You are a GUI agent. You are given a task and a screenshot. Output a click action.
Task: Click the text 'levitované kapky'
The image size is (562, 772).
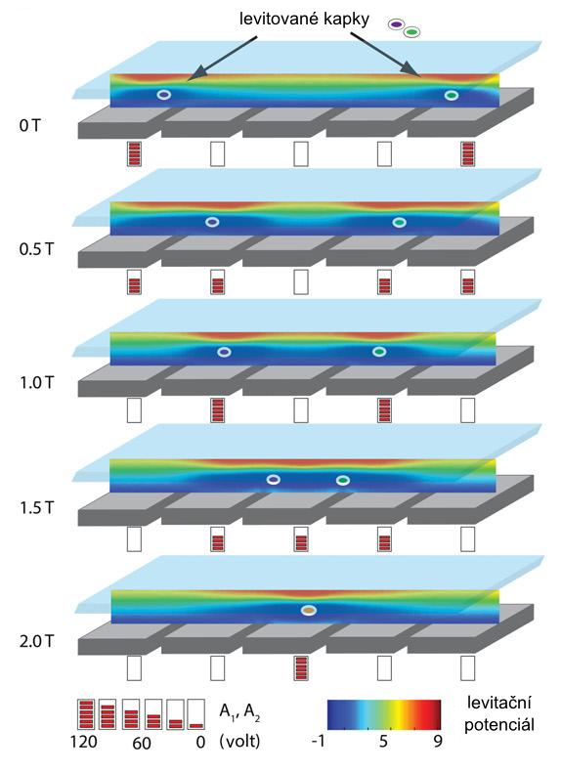pyautogui.click(x=304, y=20)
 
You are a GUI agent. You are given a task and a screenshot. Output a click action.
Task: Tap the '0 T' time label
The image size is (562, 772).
pyautogui.click(x=29, y=125)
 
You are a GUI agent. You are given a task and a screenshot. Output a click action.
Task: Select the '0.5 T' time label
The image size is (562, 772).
pyautogui.click(x=36, y=249)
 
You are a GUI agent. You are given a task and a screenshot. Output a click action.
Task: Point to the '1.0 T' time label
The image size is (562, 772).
pyautogui.click(x=36, y=382)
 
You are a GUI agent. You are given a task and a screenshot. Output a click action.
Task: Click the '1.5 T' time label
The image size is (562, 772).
pyautogui.click(x=36, y=507)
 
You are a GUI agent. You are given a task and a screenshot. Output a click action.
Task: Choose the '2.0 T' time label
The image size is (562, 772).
pyautogui.click(x=36, y=641)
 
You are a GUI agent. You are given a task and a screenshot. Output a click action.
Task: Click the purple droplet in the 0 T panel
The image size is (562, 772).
pyautogui.click(x=164, y=95)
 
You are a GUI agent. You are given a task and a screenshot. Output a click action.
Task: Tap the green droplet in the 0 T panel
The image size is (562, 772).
pyautogui.click(x=452, y=95)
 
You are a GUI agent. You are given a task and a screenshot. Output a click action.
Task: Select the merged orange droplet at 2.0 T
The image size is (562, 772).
pyautogui.click(x=309, y=610)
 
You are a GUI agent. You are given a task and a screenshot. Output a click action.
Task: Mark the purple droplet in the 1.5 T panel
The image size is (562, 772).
pyautogui.click(x=274, y=479)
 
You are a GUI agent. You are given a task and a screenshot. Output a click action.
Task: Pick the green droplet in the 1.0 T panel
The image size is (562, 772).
pyautogui.click(x=379, y=352)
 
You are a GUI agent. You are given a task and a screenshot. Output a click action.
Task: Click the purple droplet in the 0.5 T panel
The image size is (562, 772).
pyautogui.click(x=212, y=222)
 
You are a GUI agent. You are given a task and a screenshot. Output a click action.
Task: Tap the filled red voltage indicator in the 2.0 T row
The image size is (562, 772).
pyautogui.click(x=301, y=668)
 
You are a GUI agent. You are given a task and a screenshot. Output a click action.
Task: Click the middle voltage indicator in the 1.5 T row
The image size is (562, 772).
pyautogui.click(x=301, y=539)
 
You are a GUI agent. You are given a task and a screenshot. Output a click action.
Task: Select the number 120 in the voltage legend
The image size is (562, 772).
pyautogui.click(x=83, y=741)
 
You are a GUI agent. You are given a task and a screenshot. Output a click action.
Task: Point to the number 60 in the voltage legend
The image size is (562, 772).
pyautogui.click(x=142, y=743)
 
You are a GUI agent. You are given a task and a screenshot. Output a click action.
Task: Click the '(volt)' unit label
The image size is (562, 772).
pyautogui.click(x=239, y=741)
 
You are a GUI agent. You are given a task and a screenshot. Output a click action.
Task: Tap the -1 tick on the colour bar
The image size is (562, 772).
pyautogui.click(x=319, y=741)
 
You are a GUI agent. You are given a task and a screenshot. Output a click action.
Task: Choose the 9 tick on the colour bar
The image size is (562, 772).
pyautogui.click(x=438, y=741)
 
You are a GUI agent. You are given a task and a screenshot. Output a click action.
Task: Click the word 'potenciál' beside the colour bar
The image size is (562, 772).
pyautogui.click(x=498, y=725)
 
